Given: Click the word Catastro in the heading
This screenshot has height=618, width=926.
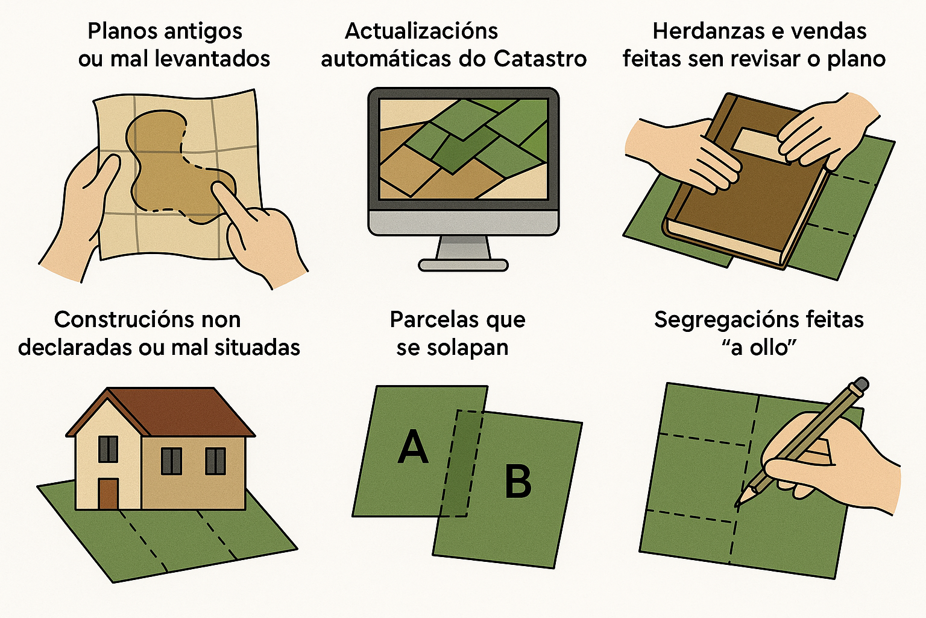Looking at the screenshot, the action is (x=540, y=59).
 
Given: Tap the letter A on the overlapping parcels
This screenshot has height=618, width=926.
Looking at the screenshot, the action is (x=412, y=447).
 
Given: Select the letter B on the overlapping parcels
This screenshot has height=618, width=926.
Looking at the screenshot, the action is (x=518, y=481).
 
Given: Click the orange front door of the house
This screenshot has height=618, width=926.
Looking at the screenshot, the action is (x=109, y=494).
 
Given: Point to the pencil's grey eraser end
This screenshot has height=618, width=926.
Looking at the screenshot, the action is (x=861, y=383).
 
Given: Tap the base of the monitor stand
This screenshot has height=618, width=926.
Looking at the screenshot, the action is (x=463, y=265).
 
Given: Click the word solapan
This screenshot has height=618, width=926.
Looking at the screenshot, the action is (x=468, y=348).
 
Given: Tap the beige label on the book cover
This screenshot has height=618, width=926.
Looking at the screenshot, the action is (x=760, y=145).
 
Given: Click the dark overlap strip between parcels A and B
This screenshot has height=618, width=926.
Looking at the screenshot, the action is (x=462, y=463).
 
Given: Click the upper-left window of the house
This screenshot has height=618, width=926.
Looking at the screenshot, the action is (x=108, y=449).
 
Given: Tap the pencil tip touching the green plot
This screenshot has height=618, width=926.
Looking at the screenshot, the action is (x=737, y=505).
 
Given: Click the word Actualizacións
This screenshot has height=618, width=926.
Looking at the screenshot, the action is (x=421, y=31).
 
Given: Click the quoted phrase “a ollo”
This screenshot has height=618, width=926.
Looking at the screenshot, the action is (x=758, y=348).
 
